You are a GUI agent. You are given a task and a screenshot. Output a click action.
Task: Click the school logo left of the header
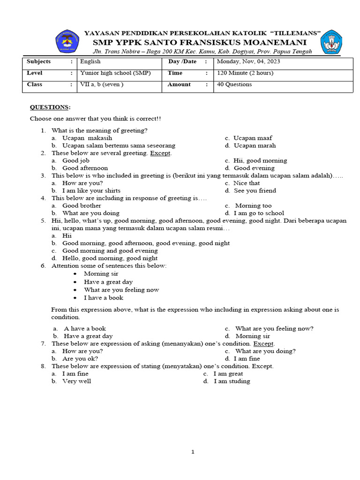[67, 41]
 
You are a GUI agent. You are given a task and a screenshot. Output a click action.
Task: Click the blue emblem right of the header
[331, 42]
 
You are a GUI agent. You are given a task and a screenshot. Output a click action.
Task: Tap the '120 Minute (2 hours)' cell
[245, 73]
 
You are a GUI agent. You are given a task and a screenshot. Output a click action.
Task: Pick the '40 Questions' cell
[234, 84]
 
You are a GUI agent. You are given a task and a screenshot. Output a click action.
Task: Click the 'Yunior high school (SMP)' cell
[115, 73]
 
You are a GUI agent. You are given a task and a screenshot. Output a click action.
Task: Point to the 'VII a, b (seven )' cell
[102, 84]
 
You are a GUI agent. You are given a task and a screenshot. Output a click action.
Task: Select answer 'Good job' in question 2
[76, 160]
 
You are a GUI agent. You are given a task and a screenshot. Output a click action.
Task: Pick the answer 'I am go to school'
[259, 213]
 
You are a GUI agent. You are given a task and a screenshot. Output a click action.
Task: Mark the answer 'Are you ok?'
[80, 358]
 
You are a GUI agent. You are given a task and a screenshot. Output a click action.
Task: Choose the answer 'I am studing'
[232, 381]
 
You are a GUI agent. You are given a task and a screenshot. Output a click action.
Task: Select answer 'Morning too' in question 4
[253, 205]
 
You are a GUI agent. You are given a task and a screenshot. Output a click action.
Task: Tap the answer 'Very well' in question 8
[77, 381]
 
